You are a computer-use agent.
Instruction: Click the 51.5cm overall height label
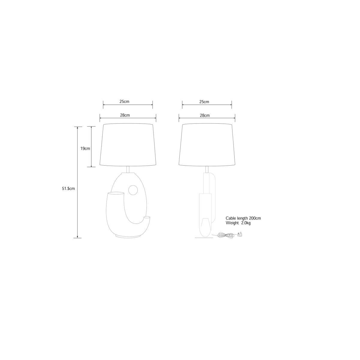(68, 188)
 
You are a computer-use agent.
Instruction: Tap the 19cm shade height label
(85, 148)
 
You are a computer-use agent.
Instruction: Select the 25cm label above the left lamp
(124, 102)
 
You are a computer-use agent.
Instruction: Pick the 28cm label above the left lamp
(125, 115)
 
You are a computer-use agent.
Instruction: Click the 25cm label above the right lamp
(204, 102)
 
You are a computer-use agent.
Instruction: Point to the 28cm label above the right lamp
(205, 115)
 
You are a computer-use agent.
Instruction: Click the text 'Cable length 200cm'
(243, 218)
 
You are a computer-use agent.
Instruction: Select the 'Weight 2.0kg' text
(238, 223)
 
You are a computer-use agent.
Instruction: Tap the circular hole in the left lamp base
(133, 190)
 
